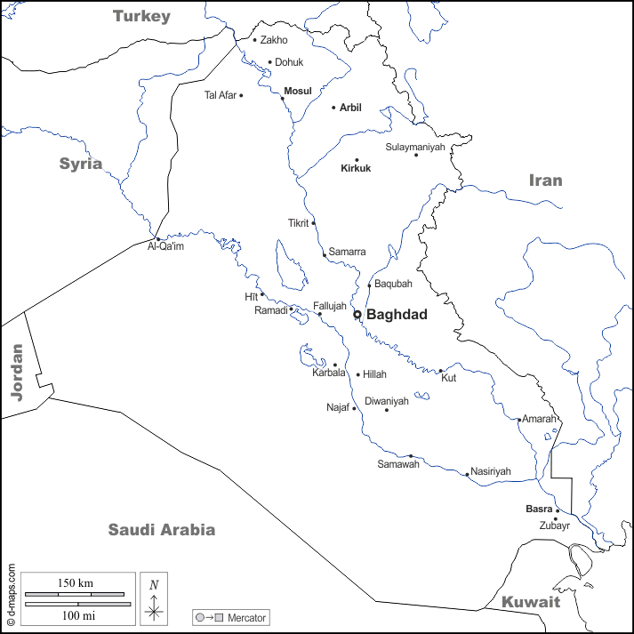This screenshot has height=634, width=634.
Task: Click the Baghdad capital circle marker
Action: pos(357,314)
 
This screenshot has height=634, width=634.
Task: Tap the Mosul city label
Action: pos(298,91)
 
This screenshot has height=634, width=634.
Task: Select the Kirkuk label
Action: pos(356,168)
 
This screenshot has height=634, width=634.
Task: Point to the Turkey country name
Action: pos(141,16)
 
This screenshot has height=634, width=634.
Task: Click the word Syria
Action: pos(81,164)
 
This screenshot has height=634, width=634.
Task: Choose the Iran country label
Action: pos(546,181)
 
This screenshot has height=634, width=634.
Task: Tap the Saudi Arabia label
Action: pos(162,530)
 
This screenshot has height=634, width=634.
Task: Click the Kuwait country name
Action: pos(531,602)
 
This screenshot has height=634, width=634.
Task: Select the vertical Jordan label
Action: pos(16,371)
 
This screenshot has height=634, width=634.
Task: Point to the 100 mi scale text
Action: pos(78,614)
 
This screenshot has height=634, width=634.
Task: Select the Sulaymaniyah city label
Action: pos(414,147)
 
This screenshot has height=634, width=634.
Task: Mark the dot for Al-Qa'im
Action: pos(157,238)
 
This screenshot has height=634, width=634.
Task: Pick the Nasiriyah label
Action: pos(490,471)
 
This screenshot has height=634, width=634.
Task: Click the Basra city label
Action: pos(539,510)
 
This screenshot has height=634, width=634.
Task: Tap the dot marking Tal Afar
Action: pos(241,95)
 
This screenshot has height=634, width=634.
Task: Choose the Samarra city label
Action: pos(347,252)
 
